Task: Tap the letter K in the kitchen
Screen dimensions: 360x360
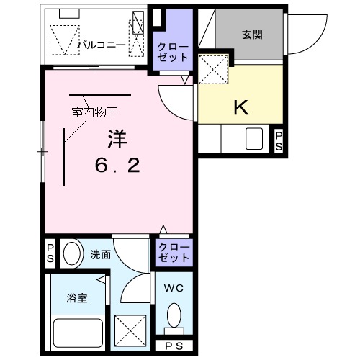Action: click(240, 107)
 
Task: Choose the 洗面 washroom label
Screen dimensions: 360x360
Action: click(100, 254)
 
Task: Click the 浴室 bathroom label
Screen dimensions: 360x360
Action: click(77, 297)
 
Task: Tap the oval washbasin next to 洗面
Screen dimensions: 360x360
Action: click(71, 254)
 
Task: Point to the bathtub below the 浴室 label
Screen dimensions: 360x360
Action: click(77, 332)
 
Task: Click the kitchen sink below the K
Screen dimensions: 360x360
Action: click(253, 138)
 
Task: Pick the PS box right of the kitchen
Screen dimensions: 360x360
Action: click(279, 140)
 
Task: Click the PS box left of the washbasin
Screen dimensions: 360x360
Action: click(50, 254)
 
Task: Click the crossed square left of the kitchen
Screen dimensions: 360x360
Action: click(213, 71)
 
